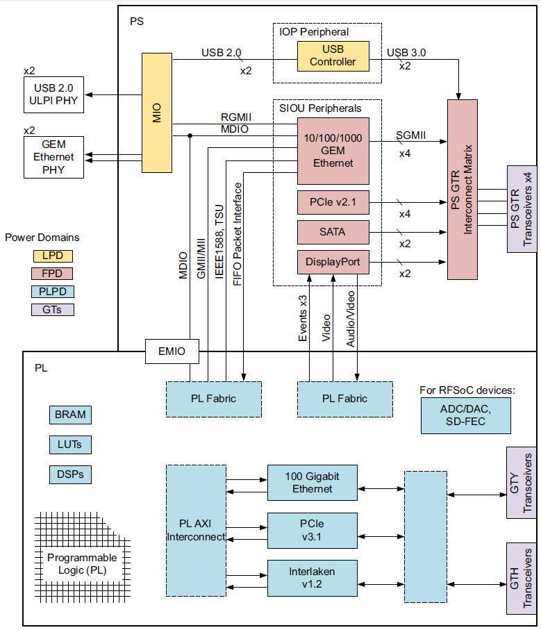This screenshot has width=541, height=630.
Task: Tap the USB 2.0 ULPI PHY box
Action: tap(53, 95)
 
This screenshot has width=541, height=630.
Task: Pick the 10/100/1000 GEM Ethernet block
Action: tap(333, 150)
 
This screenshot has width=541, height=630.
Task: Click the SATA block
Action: tap(333, 232)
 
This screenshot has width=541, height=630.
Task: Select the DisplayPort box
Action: tap(333, 262)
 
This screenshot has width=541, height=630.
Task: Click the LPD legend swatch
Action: tap(53, 255)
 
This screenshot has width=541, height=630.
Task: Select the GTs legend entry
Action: tap(53, 309)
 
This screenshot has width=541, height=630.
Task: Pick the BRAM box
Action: tap(70, 415)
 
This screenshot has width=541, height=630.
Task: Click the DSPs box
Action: tap(70, 474)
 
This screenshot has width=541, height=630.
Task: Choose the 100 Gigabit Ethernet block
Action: tap(312, 483)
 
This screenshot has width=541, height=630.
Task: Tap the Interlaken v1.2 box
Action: tap(312, 577)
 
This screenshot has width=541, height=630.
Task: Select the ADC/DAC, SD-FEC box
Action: tap(465, 415)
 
